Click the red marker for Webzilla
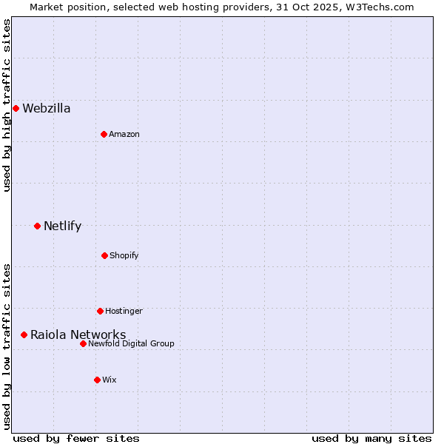(16, 108)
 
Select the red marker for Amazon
(104, 134)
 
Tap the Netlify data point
(37, 226)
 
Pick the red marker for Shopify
(104, 255)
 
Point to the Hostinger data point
(100, 311)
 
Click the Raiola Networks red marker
(24, 334)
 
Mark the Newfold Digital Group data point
(83, 343)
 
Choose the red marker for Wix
(97, 380)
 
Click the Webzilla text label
(47, 108)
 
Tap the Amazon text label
(124, 134)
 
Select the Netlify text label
(62, 226)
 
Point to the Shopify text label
(124, 255)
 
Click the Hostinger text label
(124, 311)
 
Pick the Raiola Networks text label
(78, 334)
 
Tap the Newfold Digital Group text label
(131, 343)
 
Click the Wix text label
(110, 380)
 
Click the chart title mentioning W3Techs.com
(222, 7)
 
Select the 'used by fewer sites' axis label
(76, 438)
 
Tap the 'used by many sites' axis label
(371, 438)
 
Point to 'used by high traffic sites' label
(7, 105)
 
